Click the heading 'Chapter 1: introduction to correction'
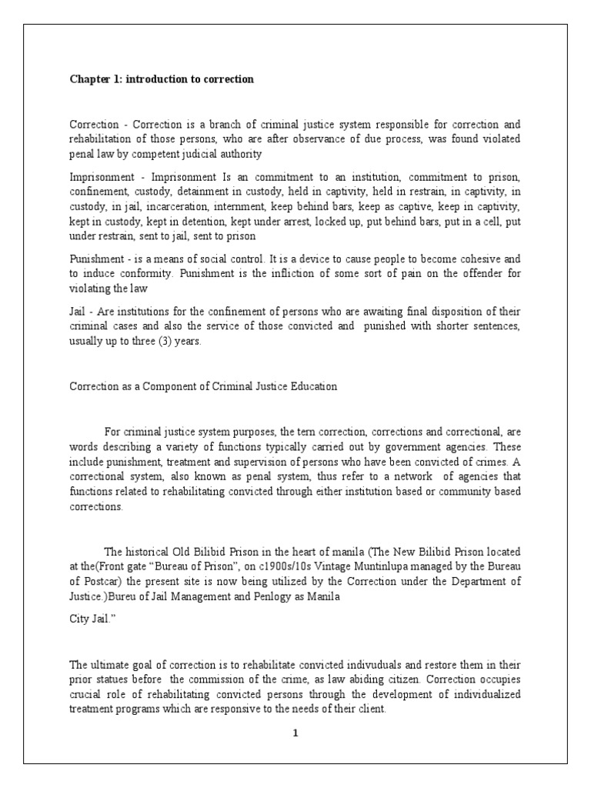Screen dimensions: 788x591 click(162, 79)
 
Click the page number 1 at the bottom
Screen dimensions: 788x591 click(295, 733)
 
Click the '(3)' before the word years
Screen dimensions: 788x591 click(166, 342)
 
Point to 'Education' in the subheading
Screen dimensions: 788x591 click(311, 386)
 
